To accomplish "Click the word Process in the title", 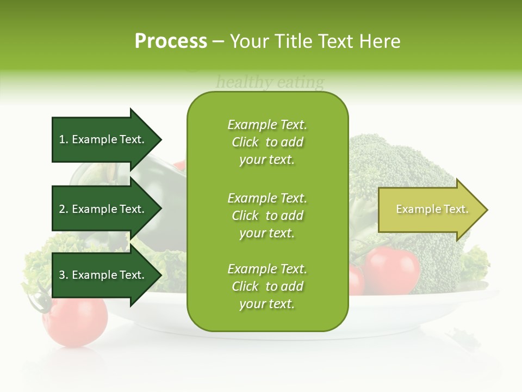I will (171, 41).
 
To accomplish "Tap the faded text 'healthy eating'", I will (270, 83).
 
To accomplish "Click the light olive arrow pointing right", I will (430, 210).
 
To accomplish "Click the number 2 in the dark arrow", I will (62, 209).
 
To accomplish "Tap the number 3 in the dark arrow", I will (62, 275).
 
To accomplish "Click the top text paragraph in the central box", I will (267, 142).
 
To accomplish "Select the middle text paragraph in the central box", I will (267, 216).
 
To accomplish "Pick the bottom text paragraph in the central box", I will (267, 286).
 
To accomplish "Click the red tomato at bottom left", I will (76, 321).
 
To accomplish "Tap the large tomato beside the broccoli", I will (393, 269).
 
